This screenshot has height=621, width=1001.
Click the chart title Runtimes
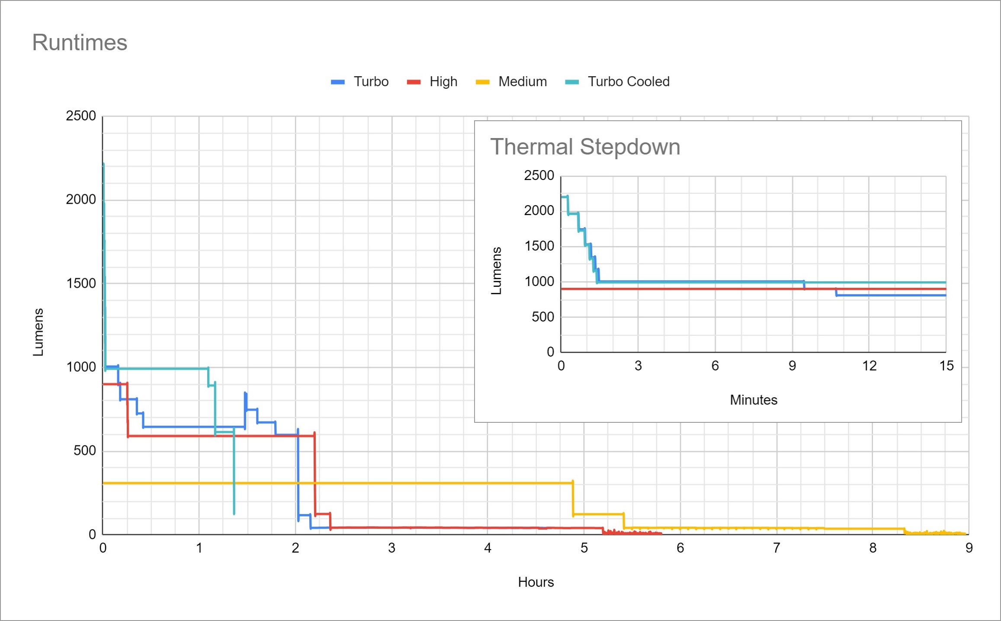coord(80,42)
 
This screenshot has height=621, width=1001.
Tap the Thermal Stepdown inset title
coord(585,147)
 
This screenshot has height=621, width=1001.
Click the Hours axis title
coord(536,582)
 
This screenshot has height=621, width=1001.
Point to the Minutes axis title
coord(753,400)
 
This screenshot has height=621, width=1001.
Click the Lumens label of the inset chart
coord(496,271)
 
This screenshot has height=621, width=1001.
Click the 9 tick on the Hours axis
coord(969,548)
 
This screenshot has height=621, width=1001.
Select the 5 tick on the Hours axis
coord(584,548)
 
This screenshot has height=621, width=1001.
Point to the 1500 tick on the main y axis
coord(81,283)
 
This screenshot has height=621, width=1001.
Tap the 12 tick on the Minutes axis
coord(869,366)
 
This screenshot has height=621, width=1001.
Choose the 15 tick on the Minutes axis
coord(946,366)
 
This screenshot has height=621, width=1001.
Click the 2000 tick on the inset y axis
coord(539,211)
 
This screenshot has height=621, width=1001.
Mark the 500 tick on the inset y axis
coord(542,317)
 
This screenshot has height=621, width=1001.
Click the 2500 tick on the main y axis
coord(81,116)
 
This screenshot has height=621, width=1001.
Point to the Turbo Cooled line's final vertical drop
coord(234,472)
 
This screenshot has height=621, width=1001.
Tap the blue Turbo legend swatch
coord(337,82)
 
